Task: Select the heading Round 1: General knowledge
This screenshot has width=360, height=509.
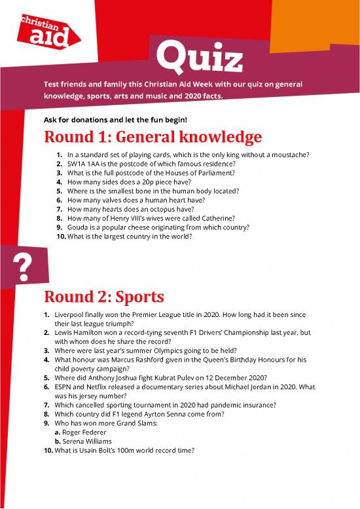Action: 153,138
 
